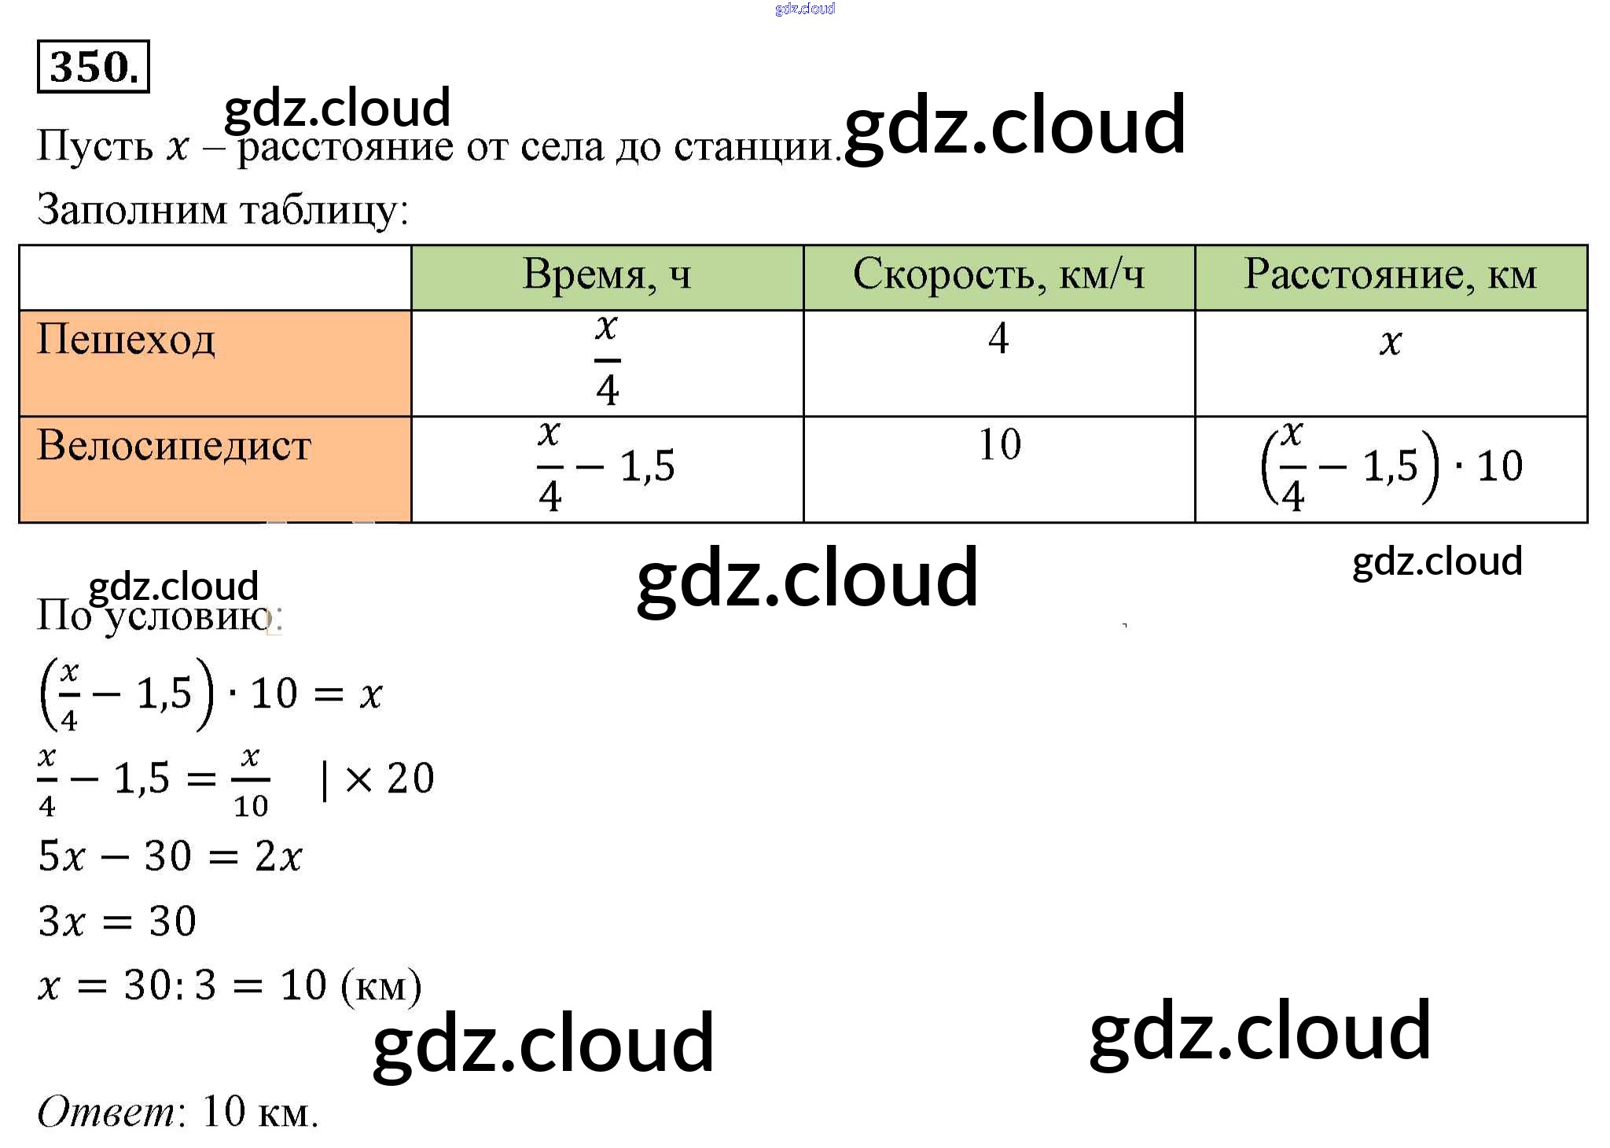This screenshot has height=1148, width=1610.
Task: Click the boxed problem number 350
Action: pyautogui.click(x=93, y=67)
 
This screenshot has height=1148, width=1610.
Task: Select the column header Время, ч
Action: pyautogui.click(x=607, y=275)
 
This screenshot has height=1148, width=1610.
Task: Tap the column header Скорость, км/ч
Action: pyautogui.click(x=998, y=275)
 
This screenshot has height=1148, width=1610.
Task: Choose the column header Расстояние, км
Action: pyautogui.click(x=1390, y=275)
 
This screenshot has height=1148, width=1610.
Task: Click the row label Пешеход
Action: pyautogui.click(x=126, y=340)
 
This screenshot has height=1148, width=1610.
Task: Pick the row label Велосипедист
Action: pyautogui.click(x=175, y=446)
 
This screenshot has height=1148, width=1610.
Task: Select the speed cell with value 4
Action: pyautogui.click(x=998, y=338)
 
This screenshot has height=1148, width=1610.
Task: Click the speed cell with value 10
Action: pyautogui.click(x=999, y=444)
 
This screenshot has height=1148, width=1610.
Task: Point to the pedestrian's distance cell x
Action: pyautogui.click(x=1390, y=342)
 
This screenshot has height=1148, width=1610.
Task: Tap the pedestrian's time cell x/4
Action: pyautogui.click(x=607, y=359)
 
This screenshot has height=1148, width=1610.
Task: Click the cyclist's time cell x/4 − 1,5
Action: pyautogui.click(x=605, y=466)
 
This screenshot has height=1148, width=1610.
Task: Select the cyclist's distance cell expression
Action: pyautogui.click(x=1391, y=466)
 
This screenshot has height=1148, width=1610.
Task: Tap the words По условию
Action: pyautogui.click(x=157, y=615)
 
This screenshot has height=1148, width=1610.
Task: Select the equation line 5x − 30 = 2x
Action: pyautogui.click(x=170, y=856)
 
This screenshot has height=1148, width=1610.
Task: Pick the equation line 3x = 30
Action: pyautogui.click(x=117, y=921)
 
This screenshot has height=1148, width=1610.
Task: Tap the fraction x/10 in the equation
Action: pyautogui.click(x=251, y=780)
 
